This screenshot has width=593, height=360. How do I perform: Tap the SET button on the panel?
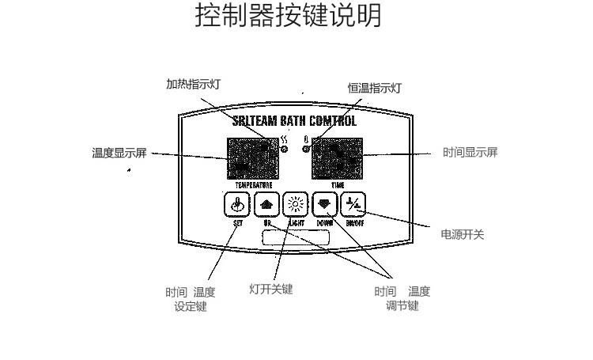(x=237, y=205)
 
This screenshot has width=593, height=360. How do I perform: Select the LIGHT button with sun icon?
(x=294, y=205)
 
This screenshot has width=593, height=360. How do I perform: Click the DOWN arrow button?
(x=323, y=205)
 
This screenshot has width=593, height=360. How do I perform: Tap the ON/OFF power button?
(x=353, y=205)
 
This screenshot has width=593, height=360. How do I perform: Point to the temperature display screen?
(x=253, y=157)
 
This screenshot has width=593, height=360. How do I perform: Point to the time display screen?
(x=338, y=157)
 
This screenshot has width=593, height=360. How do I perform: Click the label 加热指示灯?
(x=187, y=85)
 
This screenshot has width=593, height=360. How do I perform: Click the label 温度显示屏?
(x=119, y=153)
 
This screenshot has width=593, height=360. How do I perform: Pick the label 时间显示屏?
(x=470, y=153)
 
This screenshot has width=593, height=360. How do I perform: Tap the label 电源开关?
(x=462, y=235)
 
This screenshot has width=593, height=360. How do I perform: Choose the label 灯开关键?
(x=270, y=289)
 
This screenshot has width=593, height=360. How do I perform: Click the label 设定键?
(x=190, y=306)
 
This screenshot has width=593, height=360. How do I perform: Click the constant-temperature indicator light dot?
(x=305, y=149)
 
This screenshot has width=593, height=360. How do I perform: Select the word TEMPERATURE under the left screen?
(x=253, y=184)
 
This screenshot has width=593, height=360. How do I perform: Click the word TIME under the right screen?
(x=338, y=184)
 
